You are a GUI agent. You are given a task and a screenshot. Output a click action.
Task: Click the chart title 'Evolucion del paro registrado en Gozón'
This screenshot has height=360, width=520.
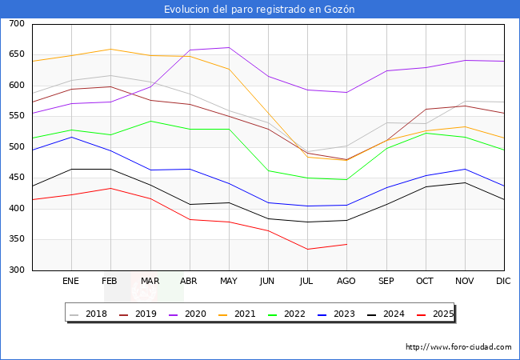[x=259, y=10]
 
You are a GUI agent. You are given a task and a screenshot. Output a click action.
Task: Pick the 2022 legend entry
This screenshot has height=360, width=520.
[x=300, y=314]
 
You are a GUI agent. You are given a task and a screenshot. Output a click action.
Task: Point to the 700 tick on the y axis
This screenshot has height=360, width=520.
[x=16, y=24]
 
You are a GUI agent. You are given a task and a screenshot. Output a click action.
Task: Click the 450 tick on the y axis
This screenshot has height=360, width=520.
[x=16, y=178]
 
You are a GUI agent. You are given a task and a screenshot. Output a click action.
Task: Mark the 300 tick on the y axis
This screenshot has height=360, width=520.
[x=16, y=270]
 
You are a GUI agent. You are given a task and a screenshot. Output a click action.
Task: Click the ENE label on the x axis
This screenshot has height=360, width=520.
[x=71, y=282]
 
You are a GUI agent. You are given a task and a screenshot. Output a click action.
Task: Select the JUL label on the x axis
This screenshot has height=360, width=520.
[x=307, y=282]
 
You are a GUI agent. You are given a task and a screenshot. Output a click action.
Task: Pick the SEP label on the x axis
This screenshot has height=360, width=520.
[x=386, y=282]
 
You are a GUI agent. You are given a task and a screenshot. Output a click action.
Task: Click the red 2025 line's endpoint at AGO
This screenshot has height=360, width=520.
[x=346, y=244]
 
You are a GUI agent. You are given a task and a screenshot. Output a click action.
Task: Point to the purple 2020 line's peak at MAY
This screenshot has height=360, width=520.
[x=229, y=47]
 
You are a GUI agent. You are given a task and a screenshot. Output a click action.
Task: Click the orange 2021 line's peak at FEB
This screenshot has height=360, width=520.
[x=110, y=49]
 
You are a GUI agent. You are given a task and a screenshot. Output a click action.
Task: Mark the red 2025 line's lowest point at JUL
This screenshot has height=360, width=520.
[x=307, y=249]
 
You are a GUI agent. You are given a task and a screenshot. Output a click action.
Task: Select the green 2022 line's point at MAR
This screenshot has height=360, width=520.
[x=150, y=121]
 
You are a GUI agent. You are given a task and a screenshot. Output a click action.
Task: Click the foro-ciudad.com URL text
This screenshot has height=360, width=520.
[x=458, y=347]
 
